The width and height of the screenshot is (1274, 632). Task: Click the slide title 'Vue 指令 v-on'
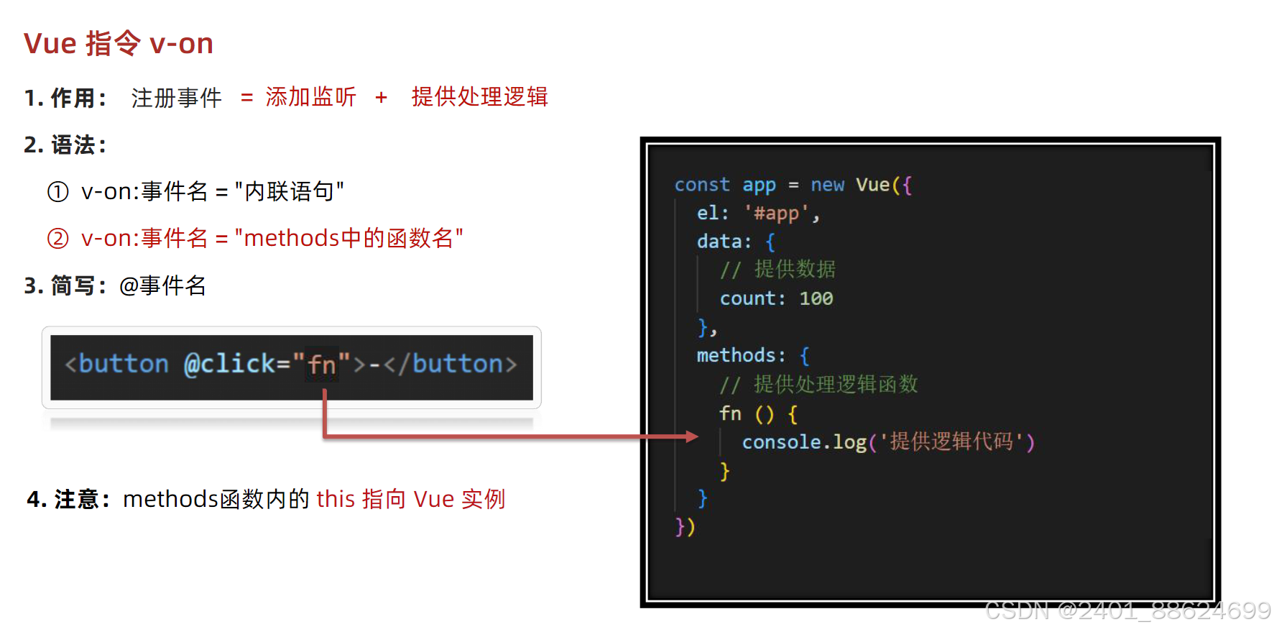119,43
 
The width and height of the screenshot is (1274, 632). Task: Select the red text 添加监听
310,96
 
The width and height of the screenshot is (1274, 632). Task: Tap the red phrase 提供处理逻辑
479,96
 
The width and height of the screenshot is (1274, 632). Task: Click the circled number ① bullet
57,192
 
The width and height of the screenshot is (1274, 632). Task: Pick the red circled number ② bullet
57,238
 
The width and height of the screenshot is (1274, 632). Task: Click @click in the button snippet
229,364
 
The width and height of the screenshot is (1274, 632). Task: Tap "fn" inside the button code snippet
322,365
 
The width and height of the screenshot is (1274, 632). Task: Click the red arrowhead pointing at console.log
691,436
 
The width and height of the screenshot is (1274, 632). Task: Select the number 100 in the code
816,298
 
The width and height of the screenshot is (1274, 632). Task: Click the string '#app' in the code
776,213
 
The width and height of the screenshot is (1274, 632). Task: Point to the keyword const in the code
701,185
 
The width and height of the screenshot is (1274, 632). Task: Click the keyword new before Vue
827,185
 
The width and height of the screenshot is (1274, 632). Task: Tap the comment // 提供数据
777,270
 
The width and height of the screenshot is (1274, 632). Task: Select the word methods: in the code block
740,355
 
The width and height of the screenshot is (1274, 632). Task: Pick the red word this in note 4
336,499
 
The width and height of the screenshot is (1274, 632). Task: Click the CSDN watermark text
1127,610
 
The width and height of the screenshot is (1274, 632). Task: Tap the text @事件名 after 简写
162,286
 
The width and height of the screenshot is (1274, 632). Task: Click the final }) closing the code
685,527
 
